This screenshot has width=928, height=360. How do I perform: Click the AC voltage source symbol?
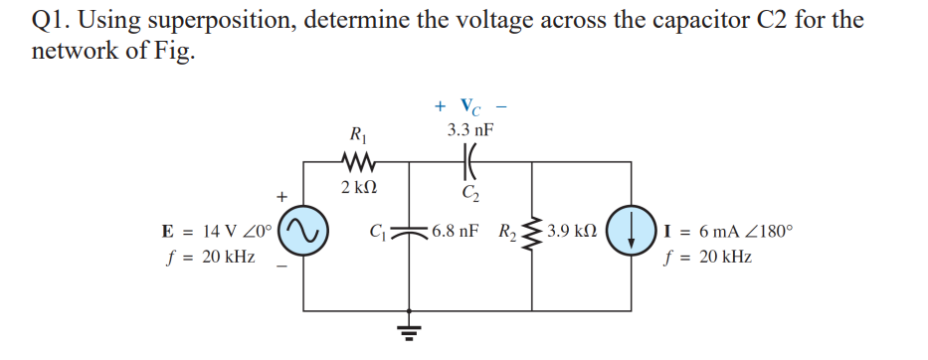coord(302,233)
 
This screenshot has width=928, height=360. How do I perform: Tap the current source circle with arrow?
coord(634,233)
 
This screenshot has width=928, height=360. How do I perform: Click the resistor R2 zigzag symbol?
coord(534,233)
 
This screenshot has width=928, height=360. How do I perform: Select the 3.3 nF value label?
coord(470,130)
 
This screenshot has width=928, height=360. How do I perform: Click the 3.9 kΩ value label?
coord(573,231)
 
